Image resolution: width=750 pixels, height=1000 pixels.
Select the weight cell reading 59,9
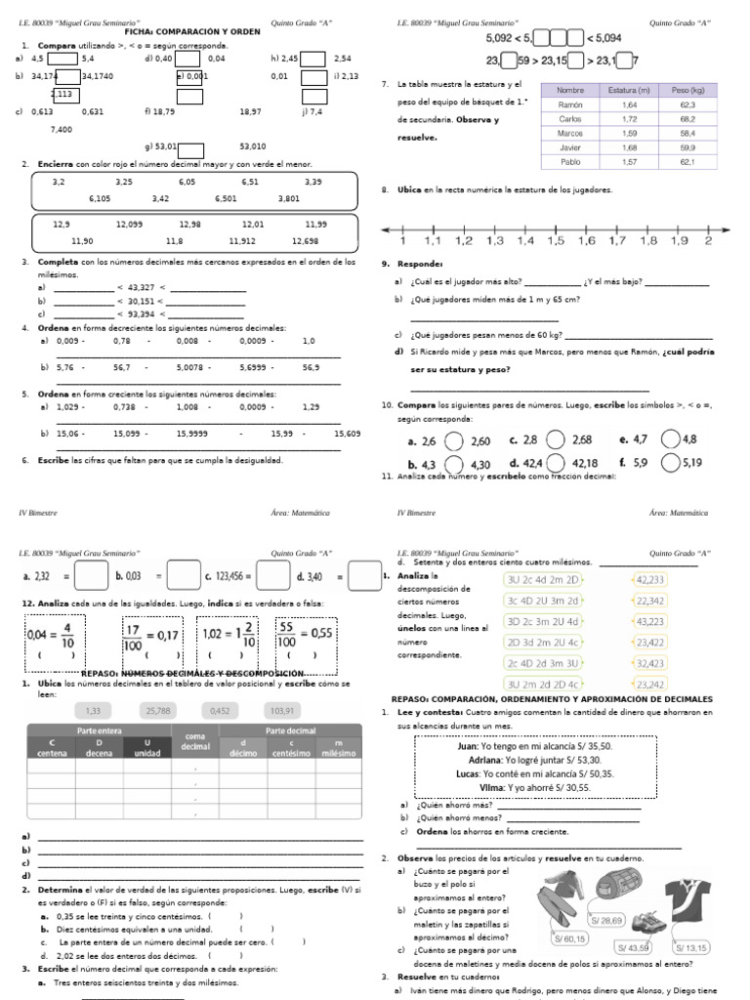[687, 147]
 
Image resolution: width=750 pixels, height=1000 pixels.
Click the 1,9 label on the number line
[678, 240]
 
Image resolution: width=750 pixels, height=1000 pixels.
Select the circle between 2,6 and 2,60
[454, 441]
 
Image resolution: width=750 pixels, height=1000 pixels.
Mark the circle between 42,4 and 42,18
[556, 463]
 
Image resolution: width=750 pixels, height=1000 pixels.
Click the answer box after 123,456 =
[273, 576]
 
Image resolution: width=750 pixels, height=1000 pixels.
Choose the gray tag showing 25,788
[157, 710]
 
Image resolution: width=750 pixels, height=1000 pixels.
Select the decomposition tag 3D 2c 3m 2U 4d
[542, 621]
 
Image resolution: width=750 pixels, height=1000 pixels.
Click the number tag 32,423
[649, 663]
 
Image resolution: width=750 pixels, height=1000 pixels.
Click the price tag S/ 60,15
[569, 939]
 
